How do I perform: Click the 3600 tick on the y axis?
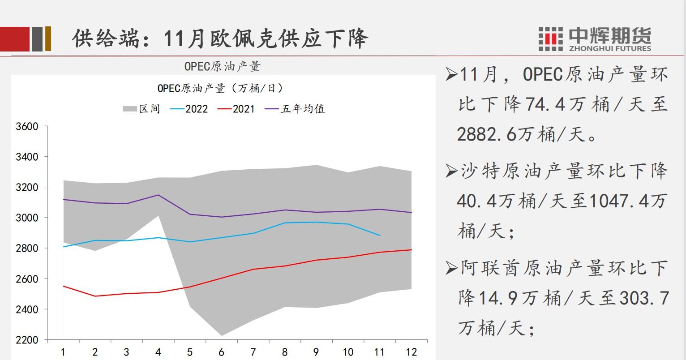click(x=27, y=127)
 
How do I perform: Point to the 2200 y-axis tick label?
click(x=27, y=340)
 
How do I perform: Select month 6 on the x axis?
click(x=221, y=352)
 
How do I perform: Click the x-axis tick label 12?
click(x=411, y=352)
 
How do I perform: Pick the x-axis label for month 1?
click(x=63, y=352)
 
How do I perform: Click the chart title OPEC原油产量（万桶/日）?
click(x=220, y=88)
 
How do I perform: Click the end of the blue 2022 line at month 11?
click(x=380, y=235)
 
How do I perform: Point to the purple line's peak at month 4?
click(x=158, y=195)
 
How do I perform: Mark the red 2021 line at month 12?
click(x=411, y=250)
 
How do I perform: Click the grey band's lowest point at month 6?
click(x=221, y=335)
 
